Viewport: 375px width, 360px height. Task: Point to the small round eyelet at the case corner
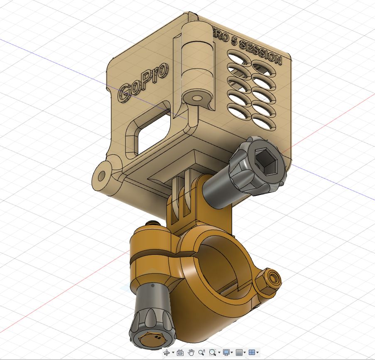pyautogui.click(x=102, y=175)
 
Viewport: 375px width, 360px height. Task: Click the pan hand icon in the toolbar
pyautogui.click(x=191, y=353)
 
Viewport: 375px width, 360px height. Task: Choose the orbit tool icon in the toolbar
pyautogui.click(x=167, y=353)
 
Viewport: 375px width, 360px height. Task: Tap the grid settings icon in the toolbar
pyautogui.click(x=239, y=353)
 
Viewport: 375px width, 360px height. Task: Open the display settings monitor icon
pyautogui.click(x=226, y=353)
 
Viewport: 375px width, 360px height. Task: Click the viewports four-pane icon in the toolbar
pyautogui.click(x=252, y=353)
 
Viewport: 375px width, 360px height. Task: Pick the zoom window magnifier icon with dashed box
pyautogui.click(x=213, y=353)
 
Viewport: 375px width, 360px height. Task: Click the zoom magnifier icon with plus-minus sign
pyautogui.click(x=202, y=353)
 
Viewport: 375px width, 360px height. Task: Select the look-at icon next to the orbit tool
pyautogui.click(x=180, y=353)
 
